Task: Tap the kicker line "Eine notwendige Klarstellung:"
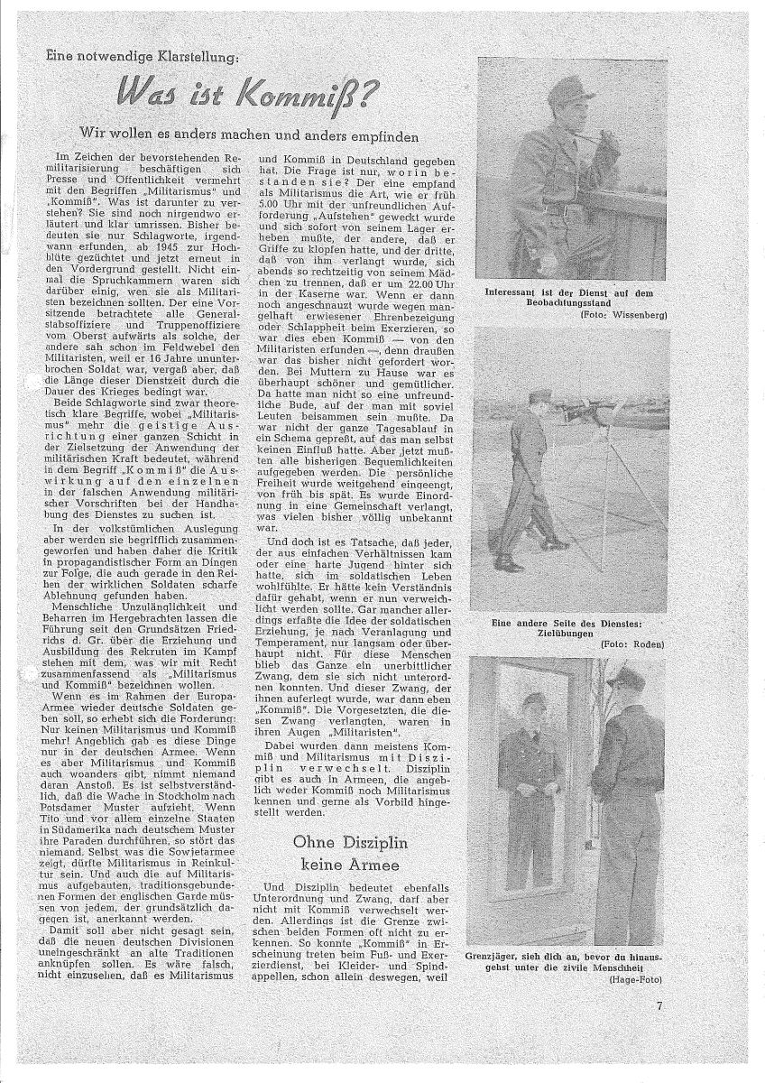click(144, 57)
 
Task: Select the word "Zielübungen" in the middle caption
click(574, 634)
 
